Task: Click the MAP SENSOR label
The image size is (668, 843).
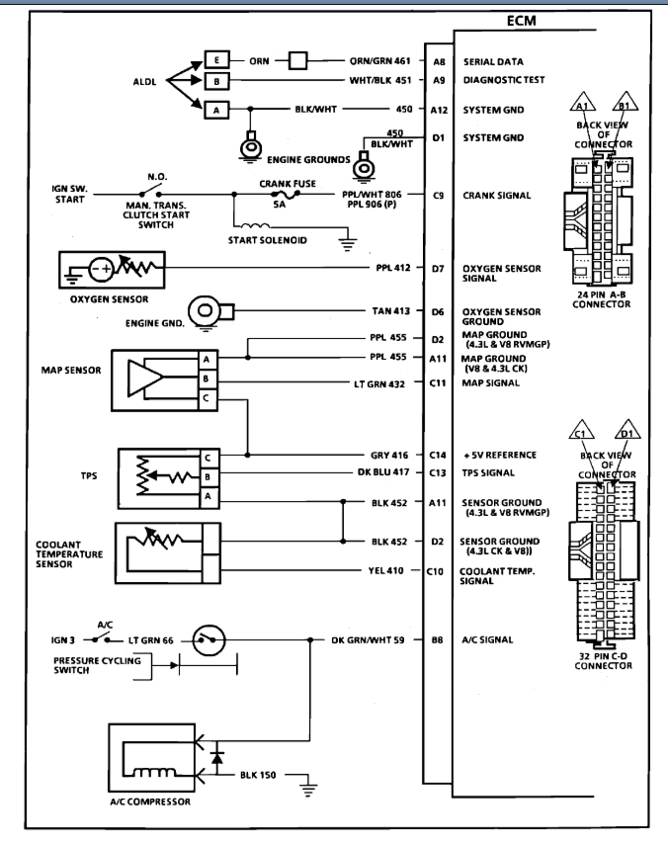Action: click(67, 372)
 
